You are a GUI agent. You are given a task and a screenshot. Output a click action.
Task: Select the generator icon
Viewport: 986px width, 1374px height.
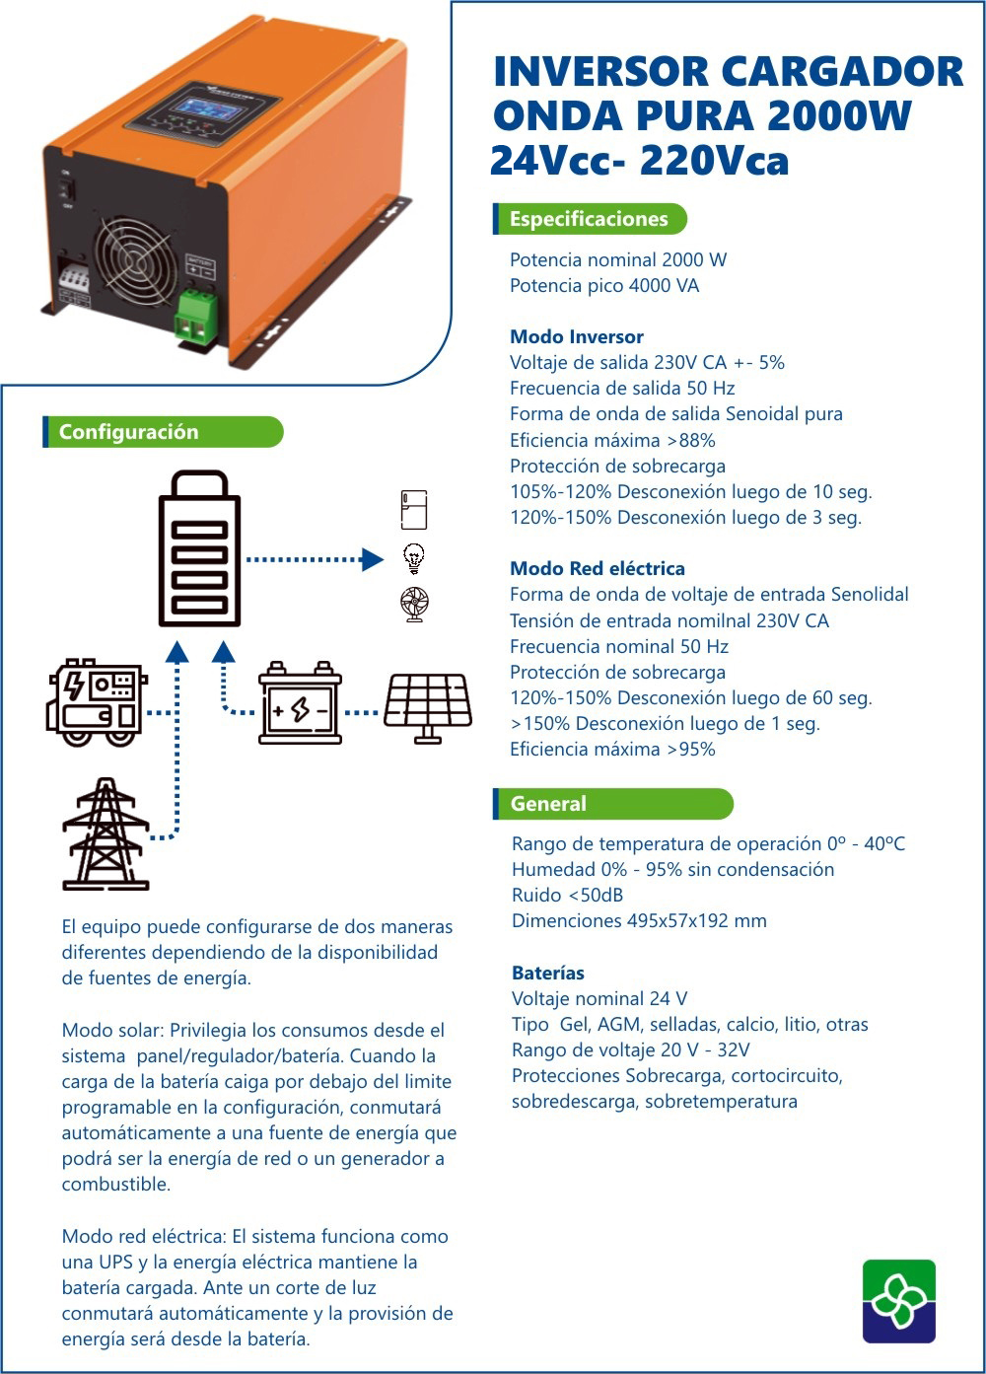click(96, 702)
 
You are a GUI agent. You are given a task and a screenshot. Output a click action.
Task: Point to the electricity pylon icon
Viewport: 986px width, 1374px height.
click(106, 834)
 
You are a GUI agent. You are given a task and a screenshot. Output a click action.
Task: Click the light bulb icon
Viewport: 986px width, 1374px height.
click(414, 558)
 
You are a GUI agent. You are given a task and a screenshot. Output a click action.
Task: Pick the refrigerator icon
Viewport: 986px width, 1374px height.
click(414, 510)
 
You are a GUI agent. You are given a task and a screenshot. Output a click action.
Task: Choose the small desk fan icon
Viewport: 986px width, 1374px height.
click(414, 604)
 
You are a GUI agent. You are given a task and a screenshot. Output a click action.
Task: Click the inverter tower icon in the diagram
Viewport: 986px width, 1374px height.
click(200, 549)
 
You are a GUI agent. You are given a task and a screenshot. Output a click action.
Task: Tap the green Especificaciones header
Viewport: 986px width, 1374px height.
click(589, 219)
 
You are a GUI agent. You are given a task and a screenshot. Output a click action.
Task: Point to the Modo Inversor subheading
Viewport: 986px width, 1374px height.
click(576, 336)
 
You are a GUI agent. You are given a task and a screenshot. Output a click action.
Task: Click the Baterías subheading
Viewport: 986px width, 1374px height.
click(547, 973)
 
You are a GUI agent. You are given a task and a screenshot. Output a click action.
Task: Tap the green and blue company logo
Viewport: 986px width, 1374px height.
click(898, 1301)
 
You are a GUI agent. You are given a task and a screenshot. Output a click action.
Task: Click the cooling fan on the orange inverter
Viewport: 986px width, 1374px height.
click(134, 260)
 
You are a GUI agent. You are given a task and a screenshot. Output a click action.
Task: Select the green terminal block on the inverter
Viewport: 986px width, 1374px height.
click(197, 316)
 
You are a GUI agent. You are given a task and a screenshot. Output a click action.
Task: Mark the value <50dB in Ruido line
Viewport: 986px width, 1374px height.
click(595, 895)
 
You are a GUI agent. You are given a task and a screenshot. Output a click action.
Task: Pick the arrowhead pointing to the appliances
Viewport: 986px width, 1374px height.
click(373, 559)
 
